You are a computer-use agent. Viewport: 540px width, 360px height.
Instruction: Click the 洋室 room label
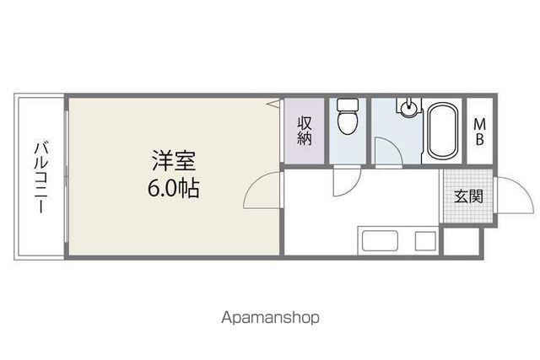click(174, 161)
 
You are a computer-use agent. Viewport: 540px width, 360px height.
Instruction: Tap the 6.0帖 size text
click(174, 188)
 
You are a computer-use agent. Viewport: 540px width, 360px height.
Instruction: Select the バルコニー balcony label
click(40, 176)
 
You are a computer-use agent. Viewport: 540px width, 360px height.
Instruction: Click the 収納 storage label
click(305, 131)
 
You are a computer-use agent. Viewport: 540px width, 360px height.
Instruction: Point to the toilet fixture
click(348, 116)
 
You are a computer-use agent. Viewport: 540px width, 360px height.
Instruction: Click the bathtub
click(443, 131)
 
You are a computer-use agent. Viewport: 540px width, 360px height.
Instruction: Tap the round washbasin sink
click(408, 108)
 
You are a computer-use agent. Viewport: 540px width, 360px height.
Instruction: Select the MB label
click(480, 132)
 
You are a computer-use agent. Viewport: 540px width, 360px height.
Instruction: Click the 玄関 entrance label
click(468, 196)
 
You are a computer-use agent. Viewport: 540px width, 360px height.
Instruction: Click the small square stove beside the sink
click(425, 240)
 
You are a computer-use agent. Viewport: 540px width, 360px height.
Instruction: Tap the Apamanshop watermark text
click(270, 318)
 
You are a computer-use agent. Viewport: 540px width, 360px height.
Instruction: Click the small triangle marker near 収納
click(274, 103)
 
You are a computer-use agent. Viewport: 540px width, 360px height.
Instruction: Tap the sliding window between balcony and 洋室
click(67, 176)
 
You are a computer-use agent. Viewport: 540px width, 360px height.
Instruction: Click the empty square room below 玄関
click(462, 241)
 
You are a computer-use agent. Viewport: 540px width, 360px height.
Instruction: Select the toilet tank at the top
click(348, 105)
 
